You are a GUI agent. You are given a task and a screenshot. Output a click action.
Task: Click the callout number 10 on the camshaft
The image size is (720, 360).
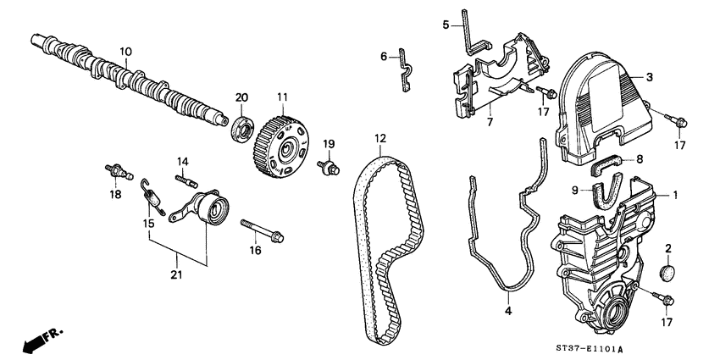(125, 52)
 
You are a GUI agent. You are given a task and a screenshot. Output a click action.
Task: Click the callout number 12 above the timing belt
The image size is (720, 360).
(380, 138)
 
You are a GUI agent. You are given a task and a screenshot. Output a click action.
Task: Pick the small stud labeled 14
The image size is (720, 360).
(186, 179)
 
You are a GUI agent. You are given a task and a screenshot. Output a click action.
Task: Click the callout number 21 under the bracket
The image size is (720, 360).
(175, 274)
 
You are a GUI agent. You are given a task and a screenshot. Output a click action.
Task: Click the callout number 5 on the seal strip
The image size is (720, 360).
(445, 25)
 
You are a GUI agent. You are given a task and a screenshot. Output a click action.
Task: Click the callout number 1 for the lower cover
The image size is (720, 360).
(675, 195)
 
